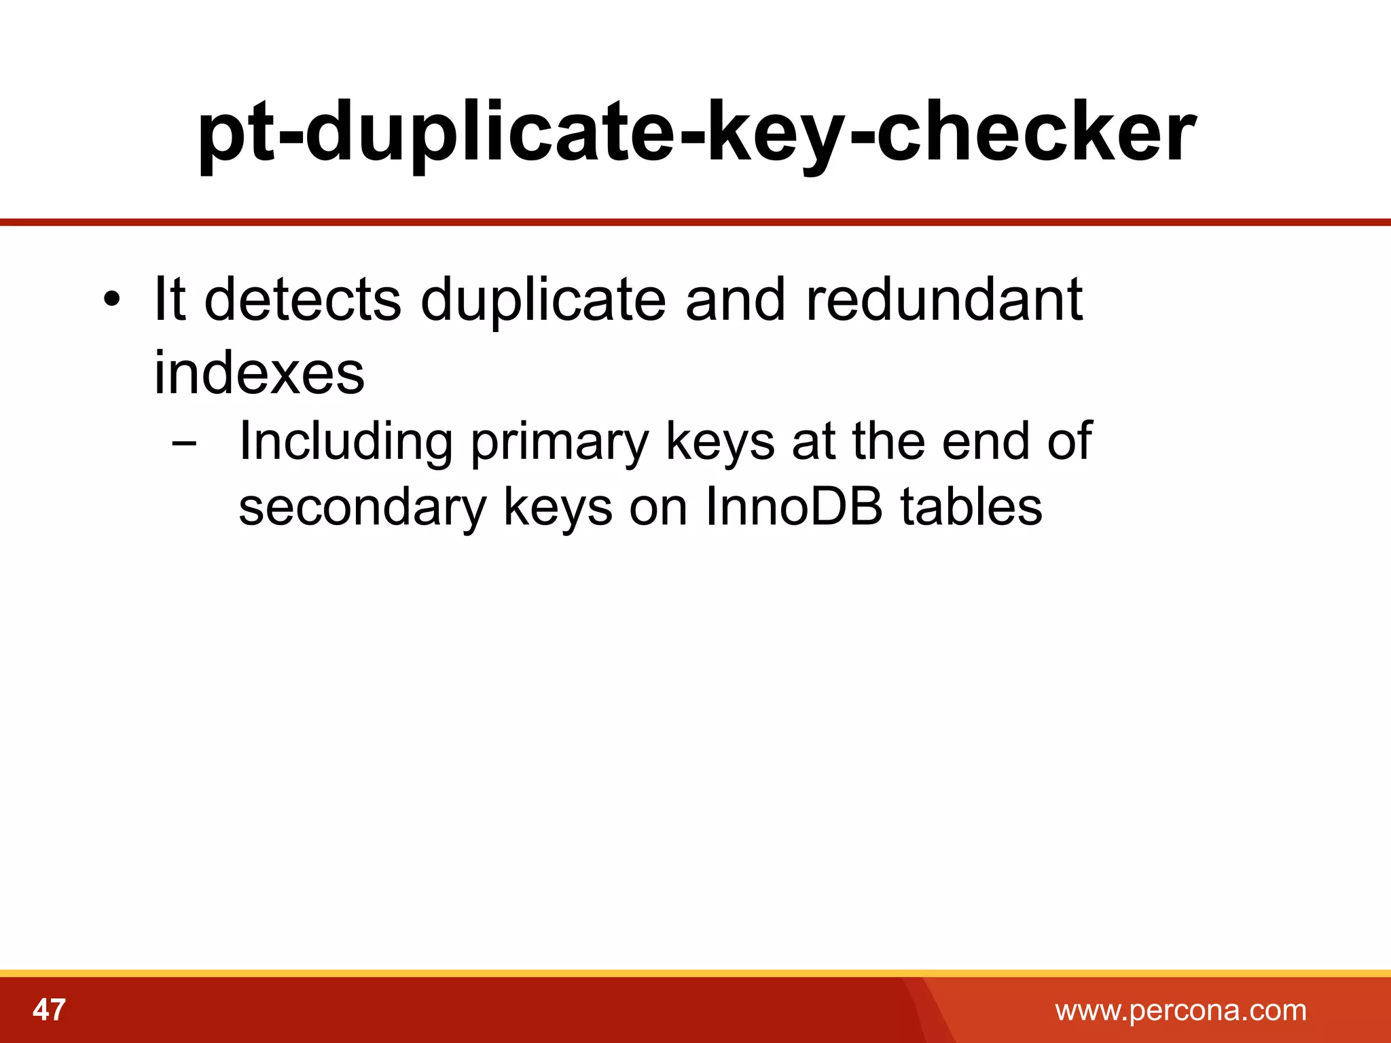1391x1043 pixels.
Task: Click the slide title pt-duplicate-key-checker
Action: (695, 132)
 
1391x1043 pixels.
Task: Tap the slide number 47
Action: (49, 1010)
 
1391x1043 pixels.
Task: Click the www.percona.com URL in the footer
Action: (1180, 1010)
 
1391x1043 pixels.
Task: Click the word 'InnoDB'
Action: (794, 507)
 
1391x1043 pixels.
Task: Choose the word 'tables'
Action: (971, 507)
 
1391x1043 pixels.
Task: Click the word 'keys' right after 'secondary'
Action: (558, 509)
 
